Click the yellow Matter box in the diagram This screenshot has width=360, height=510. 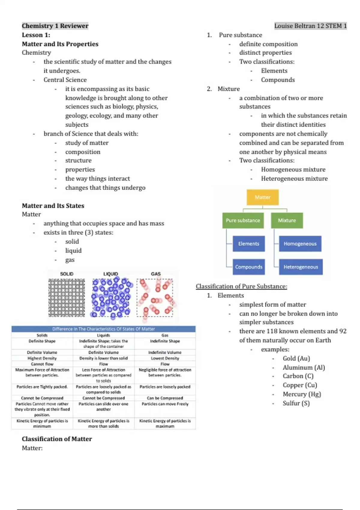click(262, 197)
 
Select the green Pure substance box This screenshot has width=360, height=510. click(243, 220)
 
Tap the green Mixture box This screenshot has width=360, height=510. click(287, 220)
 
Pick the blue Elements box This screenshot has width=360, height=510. click(249, 244)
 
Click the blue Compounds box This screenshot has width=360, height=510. click(249, 267)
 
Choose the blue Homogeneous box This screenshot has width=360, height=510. click(300, 244)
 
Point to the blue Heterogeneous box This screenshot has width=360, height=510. click(301, 267)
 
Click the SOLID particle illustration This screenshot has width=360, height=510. click(67, 298)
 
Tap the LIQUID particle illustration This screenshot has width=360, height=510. click(111, 298)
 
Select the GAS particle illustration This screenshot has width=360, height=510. click(155, 298)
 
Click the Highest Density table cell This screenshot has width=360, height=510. click(42, 358)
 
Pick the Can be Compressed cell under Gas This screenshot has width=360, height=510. click(165, 398)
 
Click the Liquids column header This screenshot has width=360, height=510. click(103, 335)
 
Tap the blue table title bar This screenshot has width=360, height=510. click(103, 329)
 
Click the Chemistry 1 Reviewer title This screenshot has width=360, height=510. click(55, 26)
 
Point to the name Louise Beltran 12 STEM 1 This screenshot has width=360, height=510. click(310, 26)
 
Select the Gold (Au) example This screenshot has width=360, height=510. click(296, 358)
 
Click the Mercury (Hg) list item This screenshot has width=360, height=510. click(301, 394)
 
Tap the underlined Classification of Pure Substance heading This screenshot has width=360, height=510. click(241, 286)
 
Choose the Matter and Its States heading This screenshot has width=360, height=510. click(53, 205)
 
